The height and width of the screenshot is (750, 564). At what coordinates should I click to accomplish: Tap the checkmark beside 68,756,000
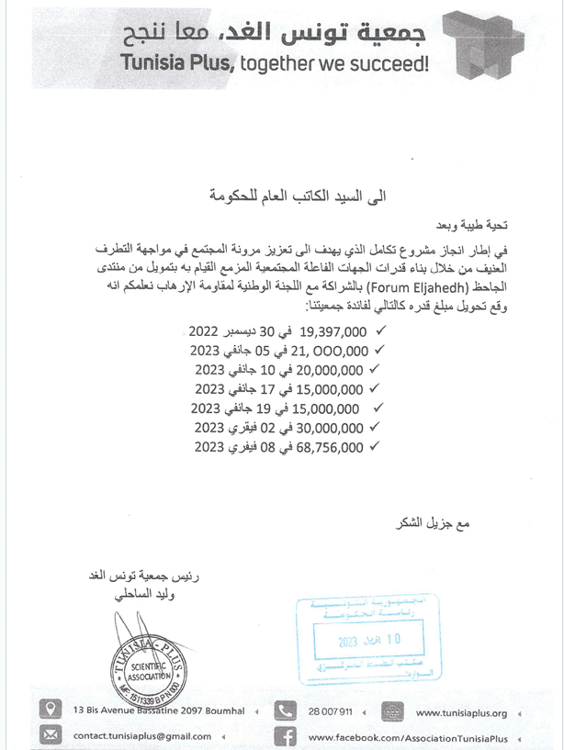pos(372,447)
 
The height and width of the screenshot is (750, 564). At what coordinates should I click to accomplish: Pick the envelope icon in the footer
pos(52,735)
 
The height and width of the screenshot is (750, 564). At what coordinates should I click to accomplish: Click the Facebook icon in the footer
pos(287,735)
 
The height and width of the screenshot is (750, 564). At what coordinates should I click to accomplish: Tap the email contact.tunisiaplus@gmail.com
pos(142,736)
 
